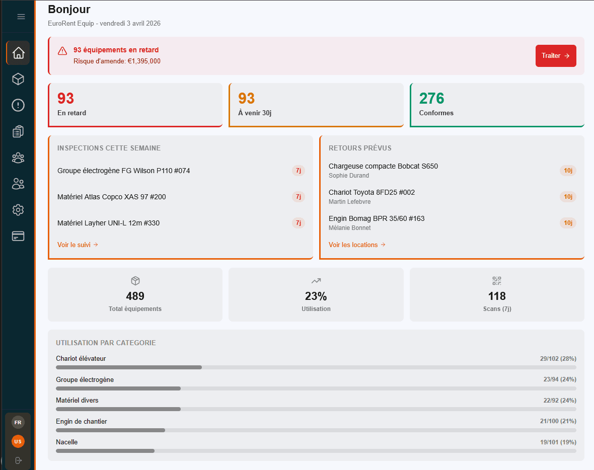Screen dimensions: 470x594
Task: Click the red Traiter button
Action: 556,56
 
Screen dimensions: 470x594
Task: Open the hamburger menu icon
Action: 21,17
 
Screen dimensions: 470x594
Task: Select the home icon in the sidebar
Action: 18,53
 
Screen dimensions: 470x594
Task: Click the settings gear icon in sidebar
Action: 18,210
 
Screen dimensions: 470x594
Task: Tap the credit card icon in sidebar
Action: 18,236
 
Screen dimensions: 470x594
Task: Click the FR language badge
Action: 18,422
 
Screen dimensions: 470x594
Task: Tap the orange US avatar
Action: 18,441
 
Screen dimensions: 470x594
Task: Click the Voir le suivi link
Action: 78,245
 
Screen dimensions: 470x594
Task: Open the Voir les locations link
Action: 357,245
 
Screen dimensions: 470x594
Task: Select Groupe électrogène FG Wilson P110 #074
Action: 124,171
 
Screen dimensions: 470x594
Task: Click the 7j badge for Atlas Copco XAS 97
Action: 299,197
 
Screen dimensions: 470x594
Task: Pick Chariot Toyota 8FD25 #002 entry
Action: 372,193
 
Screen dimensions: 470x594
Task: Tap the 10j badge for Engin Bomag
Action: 568,223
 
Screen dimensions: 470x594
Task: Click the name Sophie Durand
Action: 349,176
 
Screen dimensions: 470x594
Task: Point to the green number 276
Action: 431,98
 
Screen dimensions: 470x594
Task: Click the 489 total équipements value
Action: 135,296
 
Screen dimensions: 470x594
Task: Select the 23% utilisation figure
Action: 316,296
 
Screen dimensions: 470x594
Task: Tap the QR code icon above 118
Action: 497,281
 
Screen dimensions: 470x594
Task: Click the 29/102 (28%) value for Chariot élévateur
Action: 558,359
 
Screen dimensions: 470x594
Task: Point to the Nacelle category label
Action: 67,442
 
